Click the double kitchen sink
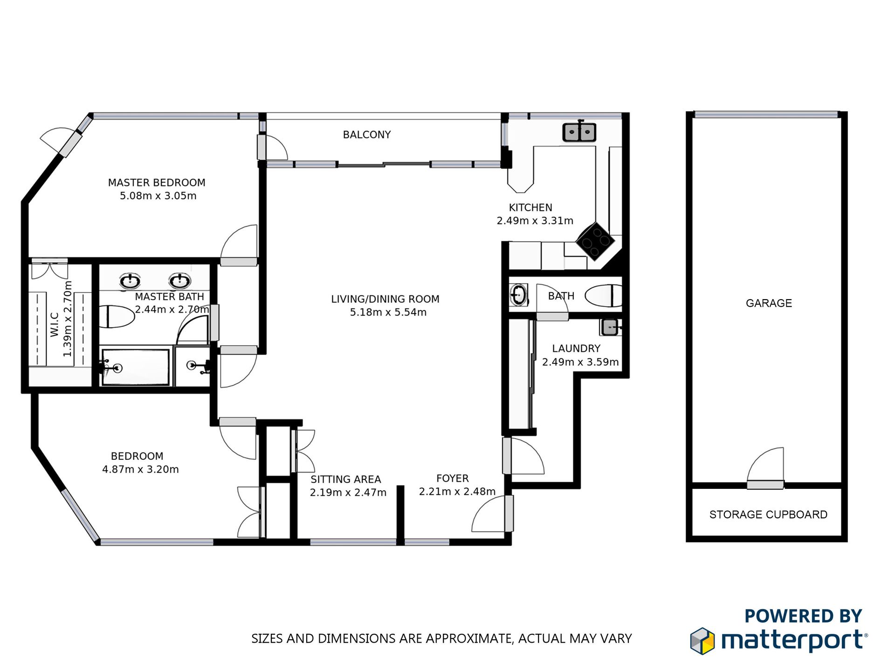tap(579, 132)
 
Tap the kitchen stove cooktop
tap(595, 241)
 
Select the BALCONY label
tap(367, 135)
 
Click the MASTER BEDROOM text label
tap(157, 183)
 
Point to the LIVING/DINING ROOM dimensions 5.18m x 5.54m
tap(388, 312)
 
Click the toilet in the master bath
tap(117, 317)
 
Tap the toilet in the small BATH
tap(604, 296)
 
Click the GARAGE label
tap(769, 303)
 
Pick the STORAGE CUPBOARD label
tap(768, 514)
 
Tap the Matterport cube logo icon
tap(702, 641)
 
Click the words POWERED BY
tap(803, 616)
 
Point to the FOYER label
tap(452, 479)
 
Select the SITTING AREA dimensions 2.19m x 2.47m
tap(348, 493)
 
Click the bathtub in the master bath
tap(136, 367)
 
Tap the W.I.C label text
tap(55, 324)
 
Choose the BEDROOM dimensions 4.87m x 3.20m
tap(140, 469)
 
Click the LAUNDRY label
tap(576, 349)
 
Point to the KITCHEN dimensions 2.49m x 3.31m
tap(535, 221)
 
